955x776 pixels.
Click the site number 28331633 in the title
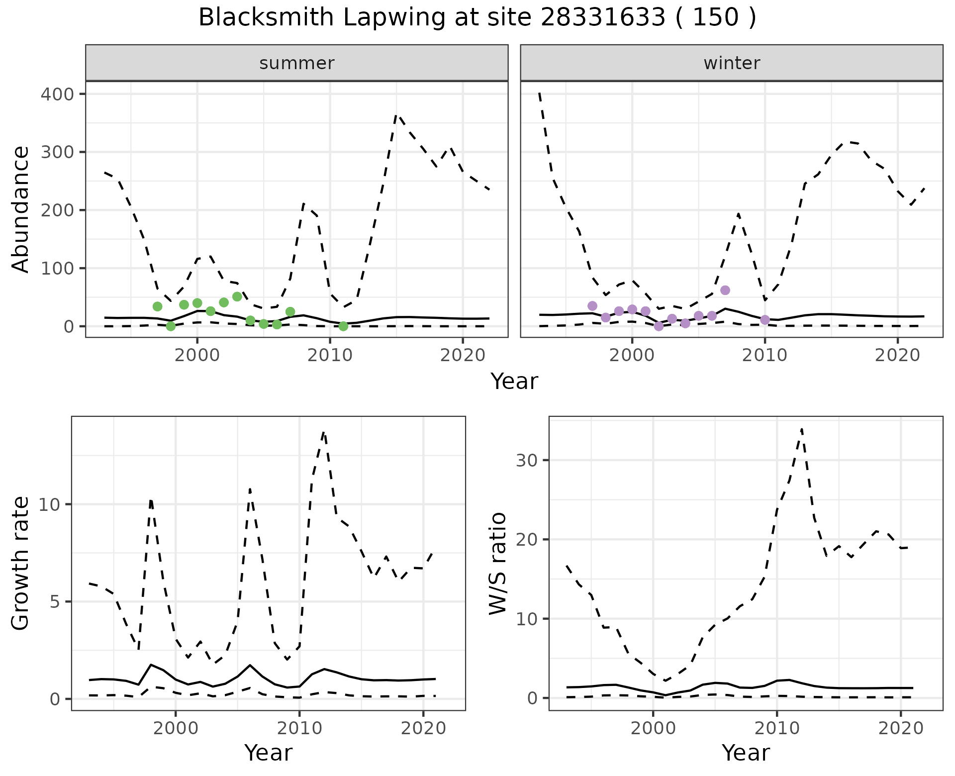pyautogui.click(x=602, y=18)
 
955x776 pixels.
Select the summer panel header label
pyautogui.click(x=297, y=63)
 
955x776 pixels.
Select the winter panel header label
pyautogui.click(x=732, y=63)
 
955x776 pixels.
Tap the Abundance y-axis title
pyautogui.click(x=21, y=209)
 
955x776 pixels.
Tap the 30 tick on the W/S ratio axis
pyautogui.click(x=527, y=460)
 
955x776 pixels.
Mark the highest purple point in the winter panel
pyautogui.click(x=725, y=290)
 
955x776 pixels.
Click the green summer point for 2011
pyautogui.click(x=343, y=326)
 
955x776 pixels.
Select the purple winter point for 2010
pyautogui.click(x=765, y=319)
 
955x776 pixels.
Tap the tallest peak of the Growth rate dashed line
pyautogui.click(x=324, y=432)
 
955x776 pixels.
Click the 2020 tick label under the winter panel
pyautogui.click(x=897, y=356)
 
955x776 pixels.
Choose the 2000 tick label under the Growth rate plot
pyautogui.click(x=175, y=729)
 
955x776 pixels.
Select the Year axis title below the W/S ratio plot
pyautogui.click(x=746, y=753)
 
